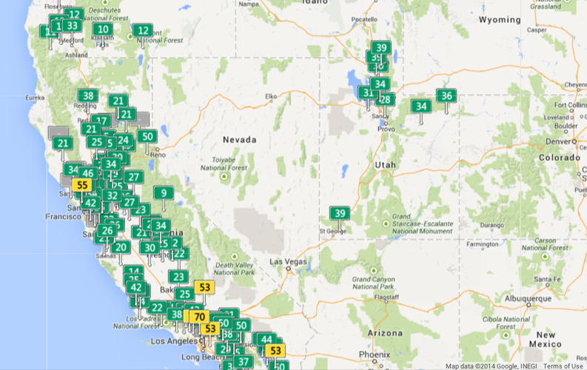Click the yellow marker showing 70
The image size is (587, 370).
(x=199, y=317)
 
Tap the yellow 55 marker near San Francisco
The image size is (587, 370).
(x=83, y=185)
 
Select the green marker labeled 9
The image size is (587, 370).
(x=164, y=193)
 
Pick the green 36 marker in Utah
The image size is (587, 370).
(x=446, y=95)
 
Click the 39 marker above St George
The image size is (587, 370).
(x=340, y=213)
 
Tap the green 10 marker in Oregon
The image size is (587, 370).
(x=103, y=30)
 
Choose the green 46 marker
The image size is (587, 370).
(x=88, y=173)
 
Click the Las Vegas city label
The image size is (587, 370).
(x=286, y=261)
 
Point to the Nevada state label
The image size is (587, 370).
(x=239, y=139)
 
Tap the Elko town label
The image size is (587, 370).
(x=270, y=96)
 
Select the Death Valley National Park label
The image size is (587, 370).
(x=234, y=269)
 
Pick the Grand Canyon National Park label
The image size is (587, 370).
(x=372, y=282)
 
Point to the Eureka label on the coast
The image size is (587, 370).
(x=36, y=98)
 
